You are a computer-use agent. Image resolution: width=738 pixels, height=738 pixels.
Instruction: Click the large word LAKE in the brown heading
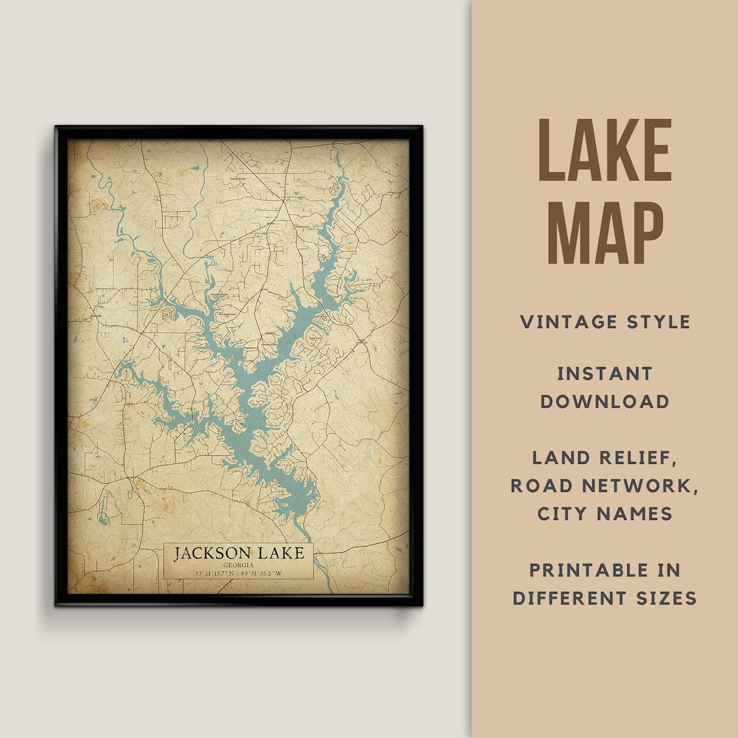(605, 151)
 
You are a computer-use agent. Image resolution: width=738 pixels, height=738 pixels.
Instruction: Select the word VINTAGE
(566, 322)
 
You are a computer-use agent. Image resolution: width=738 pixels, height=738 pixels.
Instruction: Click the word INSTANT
(605, 374)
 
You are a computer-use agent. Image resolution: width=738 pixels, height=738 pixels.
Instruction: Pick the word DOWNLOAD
(605, 402)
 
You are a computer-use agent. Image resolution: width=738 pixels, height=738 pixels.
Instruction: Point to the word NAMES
(639, 514)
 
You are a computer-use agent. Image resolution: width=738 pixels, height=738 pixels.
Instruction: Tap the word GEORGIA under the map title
(238, 565)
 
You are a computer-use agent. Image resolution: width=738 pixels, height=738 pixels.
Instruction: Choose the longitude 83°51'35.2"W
(262, 573)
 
